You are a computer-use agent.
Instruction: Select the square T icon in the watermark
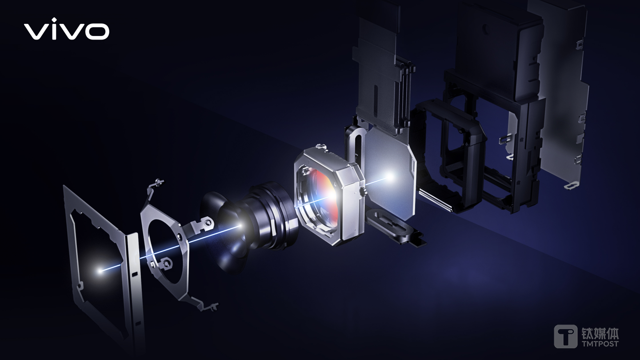click(x=565, y=336)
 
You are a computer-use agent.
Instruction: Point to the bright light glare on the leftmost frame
click(x=100, y=270)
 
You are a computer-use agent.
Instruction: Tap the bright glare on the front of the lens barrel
click(x=240, y=226)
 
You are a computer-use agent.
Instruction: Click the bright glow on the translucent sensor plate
click(x=390, y=176)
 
